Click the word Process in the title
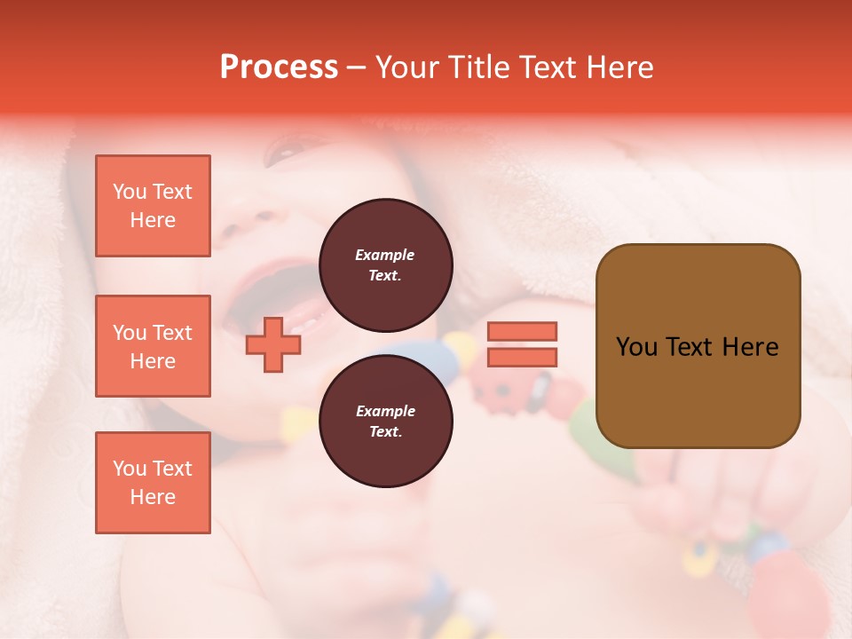click(279, 67)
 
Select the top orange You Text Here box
click(153, 206)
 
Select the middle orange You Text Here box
click(153, 346)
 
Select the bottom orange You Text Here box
click(153, 483)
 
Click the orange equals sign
click(523, 344)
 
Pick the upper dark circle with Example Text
click(385, 264)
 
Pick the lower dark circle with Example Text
click(385, 421)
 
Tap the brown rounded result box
click(698, 346)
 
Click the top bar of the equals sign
click(523, 331)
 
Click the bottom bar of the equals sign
click(523, 357)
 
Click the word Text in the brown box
click(697, 347)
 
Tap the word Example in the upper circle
click(385, 255)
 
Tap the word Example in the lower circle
click(385, 411)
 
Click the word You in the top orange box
click(130, 192)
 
